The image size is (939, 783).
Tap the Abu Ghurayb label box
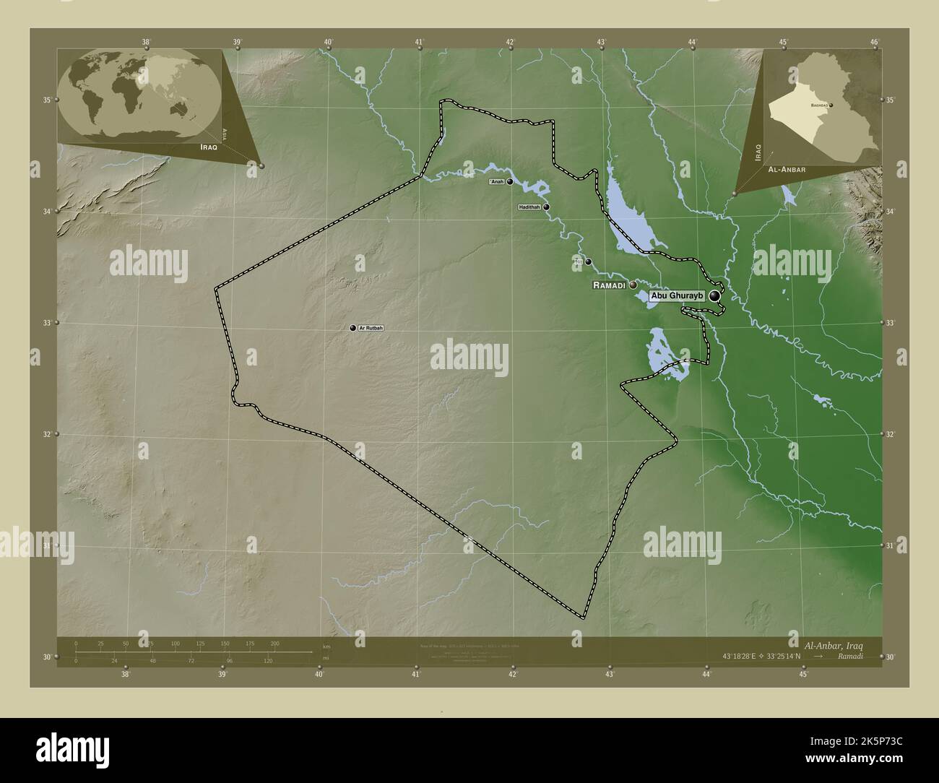[x=676, y=296]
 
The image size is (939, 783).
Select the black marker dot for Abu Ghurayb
[x=715, y=295]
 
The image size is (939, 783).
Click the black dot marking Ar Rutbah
[x=353, y=328]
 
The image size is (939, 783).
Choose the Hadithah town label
[x=529, y=207]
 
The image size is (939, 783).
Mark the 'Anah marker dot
[x=510, y=182]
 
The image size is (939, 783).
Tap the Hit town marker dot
[x=589, y=261]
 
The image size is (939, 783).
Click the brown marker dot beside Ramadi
[x=633, y=285]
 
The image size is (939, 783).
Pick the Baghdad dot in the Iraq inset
[x=831, y=105]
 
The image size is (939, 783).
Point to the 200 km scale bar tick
[x=274, y=643]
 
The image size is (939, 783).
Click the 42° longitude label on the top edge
[x=511, y=42]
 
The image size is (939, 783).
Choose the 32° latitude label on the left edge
[x=46, y=434]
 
